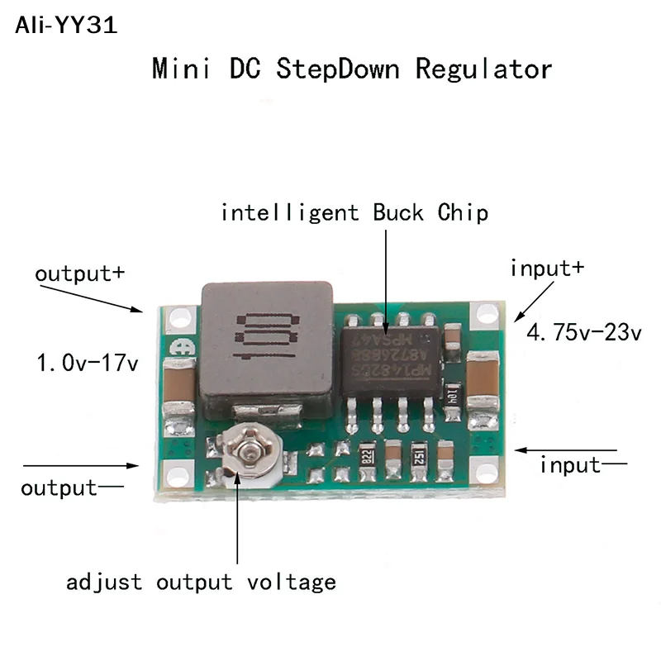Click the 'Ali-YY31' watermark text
[66, 25]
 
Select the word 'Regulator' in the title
[483, 68]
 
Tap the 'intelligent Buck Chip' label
[354, 212]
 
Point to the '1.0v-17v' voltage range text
[87, 362]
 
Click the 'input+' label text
[547, 268]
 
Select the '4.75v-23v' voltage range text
[584, 334]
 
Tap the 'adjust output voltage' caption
[202, 582]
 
